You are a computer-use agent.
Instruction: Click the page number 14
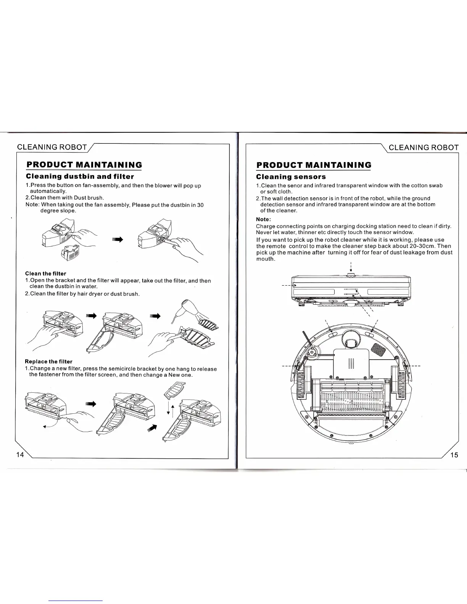20,455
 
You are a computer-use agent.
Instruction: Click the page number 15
454,455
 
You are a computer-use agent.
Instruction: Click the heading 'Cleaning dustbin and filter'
79,176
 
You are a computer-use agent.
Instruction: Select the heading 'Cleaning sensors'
291,177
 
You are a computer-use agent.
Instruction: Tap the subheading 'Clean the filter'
45,273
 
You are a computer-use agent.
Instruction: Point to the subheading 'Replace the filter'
48,361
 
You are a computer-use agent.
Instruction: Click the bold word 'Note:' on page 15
263,219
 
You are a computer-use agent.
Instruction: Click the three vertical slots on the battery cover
351,365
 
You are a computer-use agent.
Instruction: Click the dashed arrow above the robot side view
350,266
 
